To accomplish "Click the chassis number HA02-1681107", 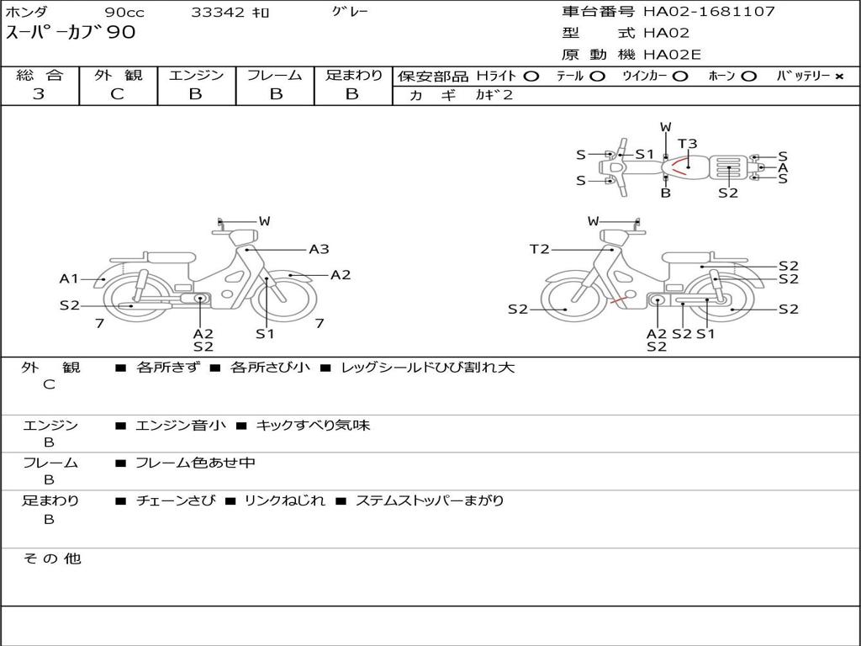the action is (x=709, y=12).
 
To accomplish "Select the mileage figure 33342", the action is (x=218, y=13).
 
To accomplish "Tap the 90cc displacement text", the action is (x=124, y=13).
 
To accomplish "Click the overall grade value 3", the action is (x=39, y=94).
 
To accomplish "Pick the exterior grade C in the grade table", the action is (x=117, y=94).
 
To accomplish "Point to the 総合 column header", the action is (x=40, y=76).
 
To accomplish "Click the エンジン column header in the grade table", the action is (x=196, y=76).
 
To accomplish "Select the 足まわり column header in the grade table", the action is (x=354, y=76).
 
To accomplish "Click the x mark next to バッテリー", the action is (x=838, y=77).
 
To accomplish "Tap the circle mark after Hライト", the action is (x=531, y=77).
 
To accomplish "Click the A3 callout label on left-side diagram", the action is (x=319, y=249).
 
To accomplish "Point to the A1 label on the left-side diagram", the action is (x=69, y=279).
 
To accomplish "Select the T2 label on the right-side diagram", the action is (x=539, y=249).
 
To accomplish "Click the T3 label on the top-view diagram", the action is (x=687, y=144).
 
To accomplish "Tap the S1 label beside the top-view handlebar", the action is (x=644, y=154).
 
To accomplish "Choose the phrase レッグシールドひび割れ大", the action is (x=428, y=368).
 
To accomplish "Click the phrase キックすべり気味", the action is (x=313, y=426).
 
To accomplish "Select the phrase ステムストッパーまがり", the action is (x=430, y=500).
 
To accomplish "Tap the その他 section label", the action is (x=52, y=559).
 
